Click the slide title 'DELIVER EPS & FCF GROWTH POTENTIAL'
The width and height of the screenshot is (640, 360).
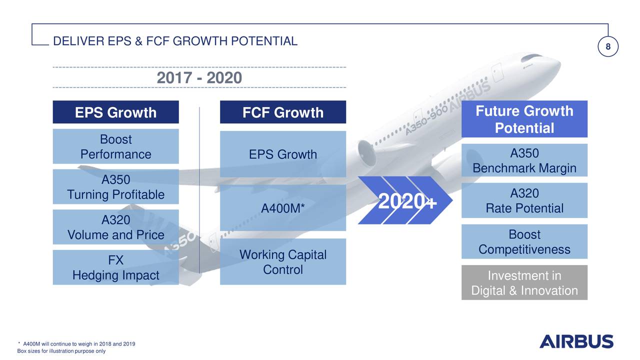pos(175,41)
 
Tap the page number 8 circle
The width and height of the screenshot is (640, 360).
pos(608,47)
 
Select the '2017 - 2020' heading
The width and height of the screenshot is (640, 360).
pos(199,78)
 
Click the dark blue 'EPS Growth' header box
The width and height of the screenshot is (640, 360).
pos(115,112)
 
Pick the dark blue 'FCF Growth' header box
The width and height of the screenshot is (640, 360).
pos(283,112)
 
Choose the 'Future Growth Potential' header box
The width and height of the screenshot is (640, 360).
pos(524,119)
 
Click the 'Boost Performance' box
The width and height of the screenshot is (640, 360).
pos(115,146)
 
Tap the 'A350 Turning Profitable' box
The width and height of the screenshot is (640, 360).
pos(115,187)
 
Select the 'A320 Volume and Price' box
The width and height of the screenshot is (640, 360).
pos(115,227)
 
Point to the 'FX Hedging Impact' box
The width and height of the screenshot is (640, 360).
pos(115,267)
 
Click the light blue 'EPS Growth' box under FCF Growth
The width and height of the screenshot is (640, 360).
pos(283,154)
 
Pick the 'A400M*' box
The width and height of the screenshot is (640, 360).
pos(283,207)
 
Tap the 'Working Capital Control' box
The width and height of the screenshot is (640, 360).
pos(283,262)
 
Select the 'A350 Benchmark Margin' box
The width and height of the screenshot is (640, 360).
pos(524,160)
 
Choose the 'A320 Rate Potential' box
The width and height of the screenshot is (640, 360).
pos(524,200)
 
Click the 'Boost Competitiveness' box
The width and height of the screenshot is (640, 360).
pos(524,241)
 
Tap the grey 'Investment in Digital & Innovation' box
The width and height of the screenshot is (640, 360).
pos(524,283)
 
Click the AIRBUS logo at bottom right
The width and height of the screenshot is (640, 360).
pos(576,341)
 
